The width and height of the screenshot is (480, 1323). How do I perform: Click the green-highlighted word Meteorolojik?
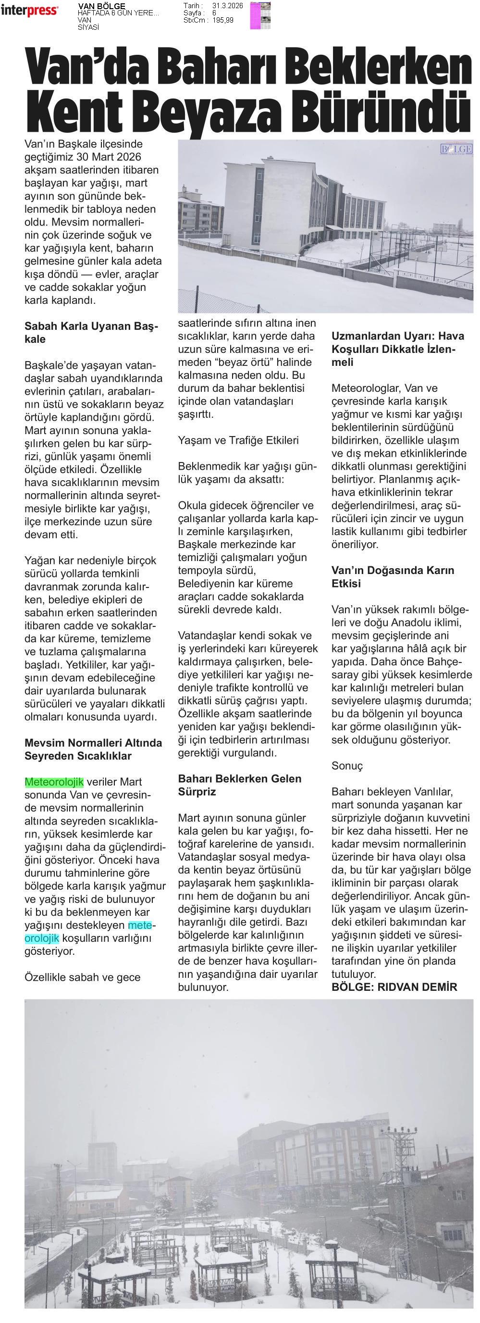pyautogui.click(x=54, y=782)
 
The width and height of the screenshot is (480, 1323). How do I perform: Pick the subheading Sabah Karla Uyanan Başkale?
pyautogui.click(x=91, y=333)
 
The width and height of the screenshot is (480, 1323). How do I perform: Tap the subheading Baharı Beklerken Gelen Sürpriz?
pyautogui.click(x=239, y=785)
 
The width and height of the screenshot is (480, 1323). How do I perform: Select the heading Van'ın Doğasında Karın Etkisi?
pyautogui.click(x=393, y=577)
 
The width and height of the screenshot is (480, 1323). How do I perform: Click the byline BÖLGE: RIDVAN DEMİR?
pyautogui.click(x=394, y=987)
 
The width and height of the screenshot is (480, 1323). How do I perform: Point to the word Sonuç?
pyautogui.click(x=347, y=766)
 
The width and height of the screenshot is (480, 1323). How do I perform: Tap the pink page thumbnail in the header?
pyautogui.click(x=255, y=15)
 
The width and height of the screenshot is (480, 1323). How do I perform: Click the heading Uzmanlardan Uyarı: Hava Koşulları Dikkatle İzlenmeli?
pyautogui.click(x=397, y=349)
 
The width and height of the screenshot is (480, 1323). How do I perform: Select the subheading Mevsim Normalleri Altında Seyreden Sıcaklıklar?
pyautogui.click(x=93, y=749)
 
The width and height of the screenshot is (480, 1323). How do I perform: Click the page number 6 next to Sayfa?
pyautogui.click(x=213, y=13)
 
